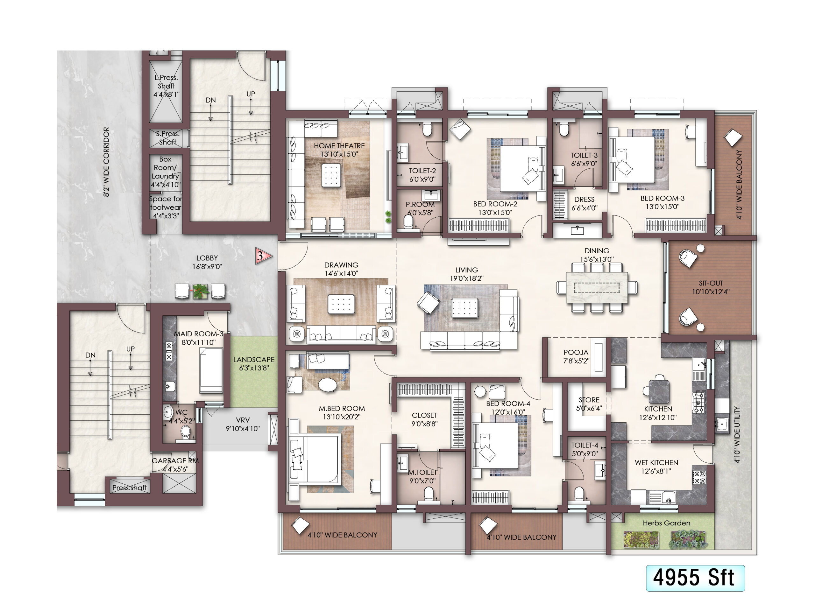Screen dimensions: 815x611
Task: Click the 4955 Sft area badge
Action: tap(695, 578)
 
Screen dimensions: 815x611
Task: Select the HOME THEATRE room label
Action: tap(339, 146)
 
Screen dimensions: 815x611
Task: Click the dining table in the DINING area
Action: tap(597, 287)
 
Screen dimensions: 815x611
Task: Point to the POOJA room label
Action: tap(576, 353)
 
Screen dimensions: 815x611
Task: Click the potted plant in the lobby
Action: tap(200, 291)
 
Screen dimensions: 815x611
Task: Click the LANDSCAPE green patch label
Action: tap(254, 360)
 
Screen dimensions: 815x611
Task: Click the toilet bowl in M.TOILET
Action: tap(429, 494)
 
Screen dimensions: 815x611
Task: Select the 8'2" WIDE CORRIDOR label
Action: tap(106, 162)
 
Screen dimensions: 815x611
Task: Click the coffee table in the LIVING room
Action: tap(464, 308)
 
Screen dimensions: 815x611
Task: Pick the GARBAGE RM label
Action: tap(175, 461)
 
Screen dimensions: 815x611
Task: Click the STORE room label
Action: tap(589, 400)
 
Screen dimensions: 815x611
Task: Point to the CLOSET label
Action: tap(424, 415)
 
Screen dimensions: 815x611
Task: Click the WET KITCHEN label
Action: tap(656, 463)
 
